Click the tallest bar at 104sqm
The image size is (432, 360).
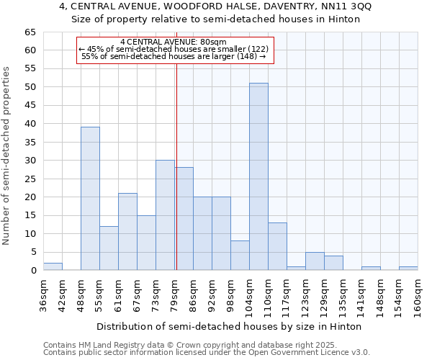(x=258, y=176)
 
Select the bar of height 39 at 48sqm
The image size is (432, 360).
(x=90, y=199)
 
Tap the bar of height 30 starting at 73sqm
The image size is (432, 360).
(x=165, y=215)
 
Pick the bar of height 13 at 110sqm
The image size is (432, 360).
(x=277, y=246)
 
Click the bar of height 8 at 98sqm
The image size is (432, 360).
(x=240, y=256)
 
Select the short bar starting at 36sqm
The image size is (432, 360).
(x=53, y=266)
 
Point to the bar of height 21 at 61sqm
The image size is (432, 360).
(x=127, y=232)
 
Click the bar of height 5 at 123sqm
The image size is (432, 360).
(x=315, y=261)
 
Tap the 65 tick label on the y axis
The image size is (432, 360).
(x=29, y=32)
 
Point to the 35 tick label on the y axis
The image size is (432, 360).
(x=29, y=143)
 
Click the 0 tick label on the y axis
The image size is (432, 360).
(x=32, y=271)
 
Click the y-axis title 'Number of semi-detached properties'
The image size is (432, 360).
(x=7, y=155)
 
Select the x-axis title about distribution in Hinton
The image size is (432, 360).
(x=230, y=326)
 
